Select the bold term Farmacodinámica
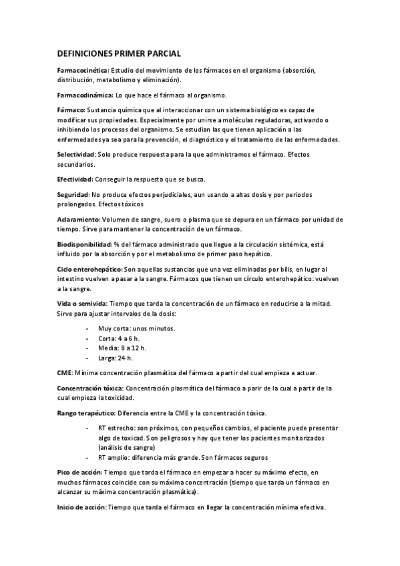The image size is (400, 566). point(84,94)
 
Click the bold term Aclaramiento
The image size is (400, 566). point(78,219)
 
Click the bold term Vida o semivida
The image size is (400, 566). point(82,304)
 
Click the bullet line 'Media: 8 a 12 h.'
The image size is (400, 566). point(123,348)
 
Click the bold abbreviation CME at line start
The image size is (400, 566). point(64,372)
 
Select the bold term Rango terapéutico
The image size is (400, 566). point(85,413)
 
